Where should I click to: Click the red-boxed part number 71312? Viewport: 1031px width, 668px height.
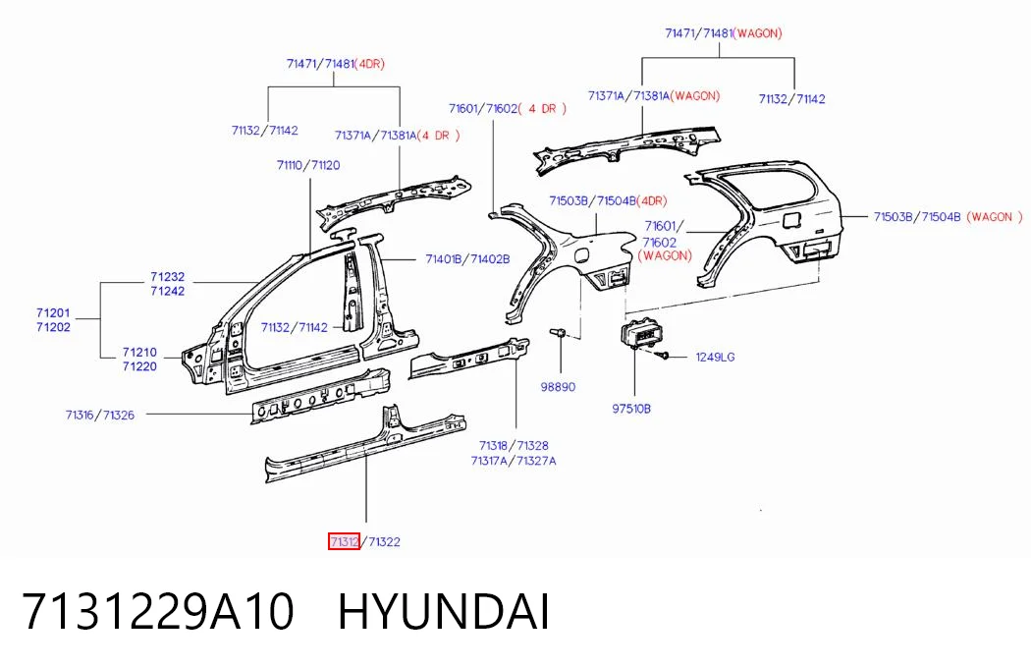(x=344, y=541)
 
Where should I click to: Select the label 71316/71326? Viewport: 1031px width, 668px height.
(x=100, y=415)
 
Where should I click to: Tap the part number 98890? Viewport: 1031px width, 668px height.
(x=558, y=387)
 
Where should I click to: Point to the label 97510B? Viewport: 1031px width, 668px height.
(x=631, y=409)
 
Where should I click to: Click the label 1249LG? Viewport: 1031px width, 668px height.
(x=716, y=357)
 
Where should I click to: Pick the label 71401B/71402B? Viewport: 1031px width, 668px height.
(x=467, y=259)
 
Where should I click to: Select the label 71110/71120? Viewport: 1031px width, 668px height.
(x=308, y=165)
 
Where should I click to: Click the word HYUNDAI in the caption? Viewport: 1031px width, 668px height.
(x=443, y=612)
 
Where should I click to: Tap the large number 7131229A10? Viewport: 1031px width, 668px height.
(x=158, y=612)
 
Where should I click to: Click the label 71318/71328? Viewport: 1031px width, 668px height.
(x=514, y=446)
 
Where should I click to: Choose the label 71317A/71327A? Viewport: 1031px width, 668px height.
(x=514, y=461)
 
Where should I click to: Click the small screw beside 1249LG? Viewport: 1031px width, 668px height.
(x=662, y=356)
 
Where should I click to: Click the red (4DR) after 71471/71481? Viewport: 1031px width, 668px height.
(x=369, y=64)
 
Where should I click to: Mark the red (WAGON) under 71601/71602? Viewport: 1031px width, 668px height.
(x=665, y=255)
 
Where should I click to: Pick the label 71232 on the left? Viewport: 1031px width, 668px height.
(x=167, y=277)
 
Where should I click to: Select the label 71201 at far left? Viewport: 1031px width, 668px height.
(x=53, y=313)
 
